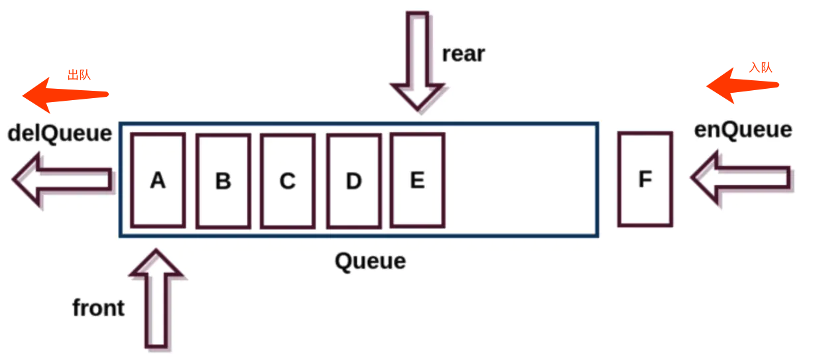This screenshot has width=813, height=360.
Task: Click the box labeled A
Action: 158,180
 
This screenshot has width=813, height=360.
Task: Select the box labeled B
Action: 223,181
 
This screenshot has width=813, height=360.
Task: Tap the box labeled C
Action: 287,181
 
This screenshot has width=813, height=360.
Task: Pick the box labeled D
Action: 353,181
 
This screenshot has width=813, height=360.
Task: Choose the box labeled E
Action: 417,180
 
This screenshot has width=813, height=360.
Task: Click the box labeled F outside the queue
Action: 645,179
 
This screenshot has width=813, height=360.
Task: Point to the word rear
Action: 464,54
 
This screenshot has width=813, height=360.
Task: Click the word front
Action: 99,308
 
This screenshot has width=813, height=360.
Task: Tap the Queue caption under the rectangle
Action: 370,261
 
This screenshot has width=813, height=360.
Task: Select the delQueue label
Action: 60,134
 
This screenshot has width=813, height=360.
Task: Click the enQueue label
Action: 743,130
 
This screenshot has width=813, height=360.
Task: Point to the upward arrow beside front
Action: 156,298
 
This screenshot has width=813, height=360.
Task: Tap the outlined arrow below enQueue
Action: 741,177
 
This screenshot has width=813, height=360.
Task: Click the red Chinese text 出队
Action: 79,74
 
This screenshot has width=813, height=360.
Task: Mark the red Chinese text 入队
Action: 761,67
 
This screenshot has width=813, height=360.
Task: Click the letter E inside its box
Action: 417,180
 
